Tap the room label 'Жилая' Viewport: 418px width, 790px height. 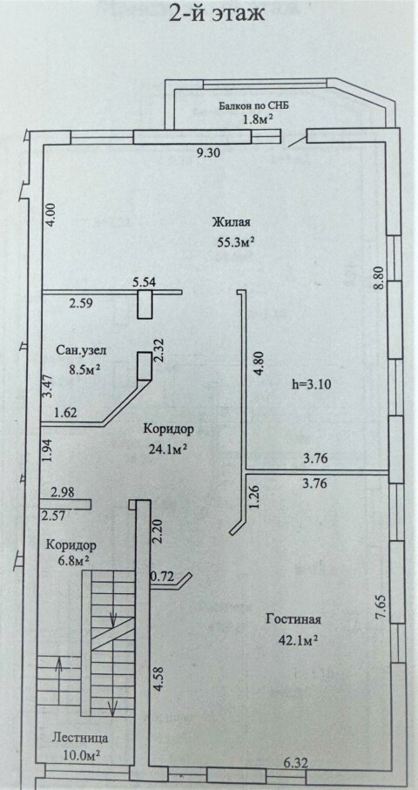[232, 223]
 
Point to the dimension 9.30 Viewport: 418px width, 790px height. [209, 153]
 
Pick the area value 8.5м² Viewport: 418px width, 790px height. [84, 368]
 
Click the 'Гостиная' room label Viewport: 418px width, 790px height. [293, 619]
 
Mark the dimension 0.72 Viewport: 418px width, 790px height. [162, 577]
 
